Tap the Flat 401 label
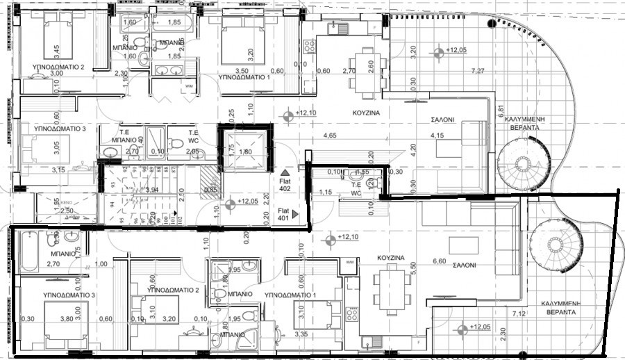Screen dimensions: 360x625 (283, 213)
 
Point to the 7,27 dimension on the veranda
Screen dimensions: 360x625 (478, 71)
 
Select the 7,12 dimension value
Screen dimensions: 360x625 (518, 315)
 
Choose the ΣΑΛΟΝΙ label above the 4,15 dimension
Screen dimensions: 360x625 (440, 120)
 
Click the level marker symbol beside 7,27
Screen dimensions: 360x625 (438, 51)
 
